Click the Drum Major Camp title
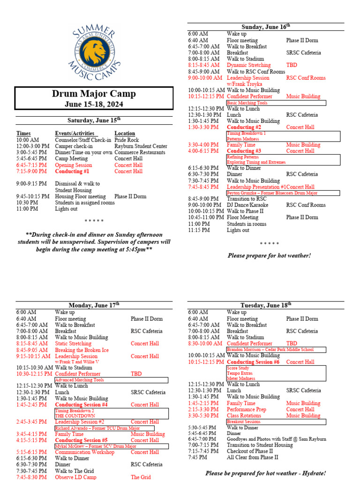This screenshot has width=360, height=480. point(94,94)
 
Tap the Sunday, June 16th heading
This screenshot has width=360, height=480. point(266,27)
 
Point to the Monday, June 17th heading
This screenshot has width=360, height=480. point(94,305)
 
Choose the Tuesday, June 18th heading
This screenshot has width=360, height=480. point(266,305)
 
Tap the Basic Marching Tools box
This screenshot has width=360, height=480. point(276,103)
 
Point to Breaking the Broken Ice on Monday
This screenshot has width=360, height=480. point(82,350)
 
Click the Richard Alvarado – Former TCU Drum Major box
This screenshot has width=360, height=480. point(104,428)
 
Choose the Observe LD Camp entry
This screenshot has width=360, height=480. point(75,477)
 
